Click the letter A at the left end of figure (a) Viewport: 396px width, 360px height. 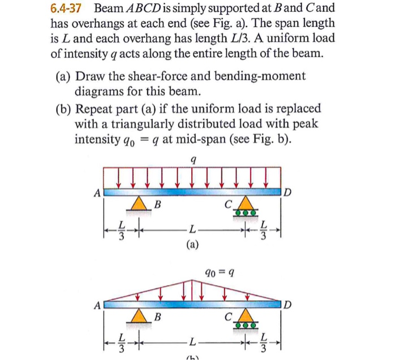click(97, 193)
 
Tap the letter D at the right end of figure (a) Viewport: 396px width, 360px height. click(289, 193)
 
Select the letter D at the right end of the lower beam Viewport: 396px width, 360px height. click(289, 306)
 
